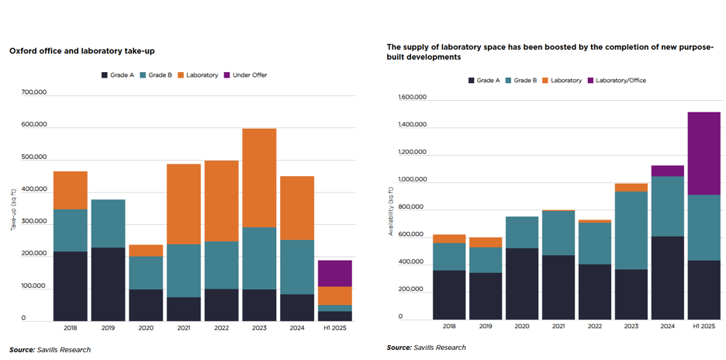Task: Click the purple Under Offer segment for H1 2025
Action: (x=334, y=273)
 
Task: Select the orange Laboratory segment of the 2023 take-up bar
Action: (x=258, y=178)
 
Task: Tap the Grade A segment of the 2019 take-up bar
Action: (x=108, y=284)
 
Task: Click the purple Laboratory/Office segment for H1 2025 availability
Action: (x=704, y=153)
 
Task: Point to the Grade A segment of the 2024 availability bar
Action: (x=666, y=278)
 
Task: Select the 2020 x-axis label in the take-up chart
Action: (x=145, y=328)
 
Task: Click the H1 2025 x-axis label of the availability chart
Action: (x=704, y=327)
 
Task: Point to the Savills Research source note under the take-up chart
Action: (x=50, y=350)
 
